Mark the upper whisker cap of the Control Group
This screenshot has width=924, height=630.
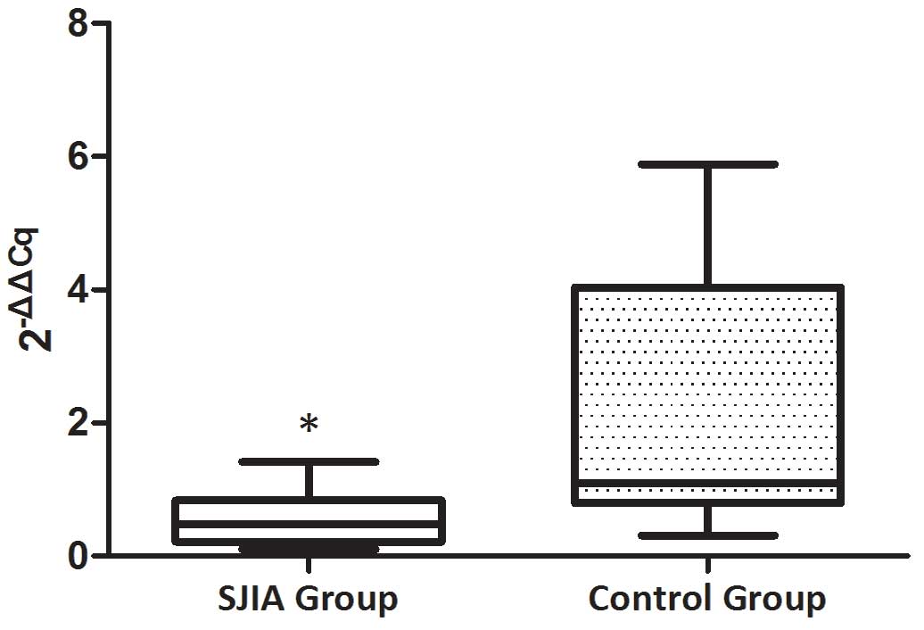[708, 164]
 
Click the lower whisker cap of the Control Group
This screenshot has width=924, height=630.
[708, 535]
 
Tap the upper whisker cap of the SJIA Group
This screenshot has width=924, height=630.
[309, 461]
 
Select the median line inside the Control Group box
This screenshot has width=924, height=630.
[708, 483]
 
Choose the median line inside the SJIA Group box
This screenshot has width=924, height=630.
[309, 523]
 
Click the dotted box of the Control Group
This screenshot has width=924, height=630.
[708, 384]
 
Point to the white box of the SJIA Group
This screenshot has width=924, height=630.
[309, 510]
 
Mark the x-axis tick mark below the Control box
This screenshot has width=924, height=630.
[708, 565]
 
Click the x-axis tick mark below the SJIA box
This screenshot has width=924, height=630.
[309, 565]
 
